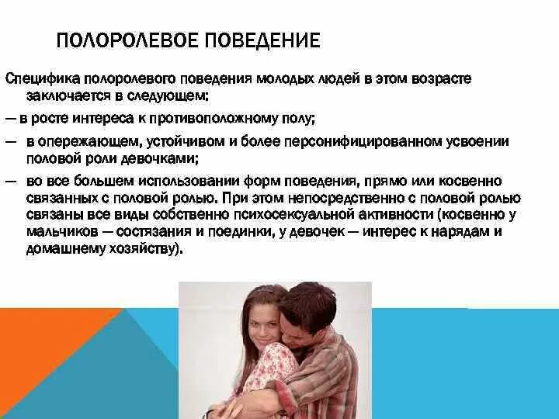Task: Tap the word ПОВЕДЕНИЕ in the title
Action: [262, 40]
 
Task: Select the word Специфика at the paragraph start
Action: [37, 80]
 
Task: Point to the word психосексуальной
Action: [299, 213]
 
